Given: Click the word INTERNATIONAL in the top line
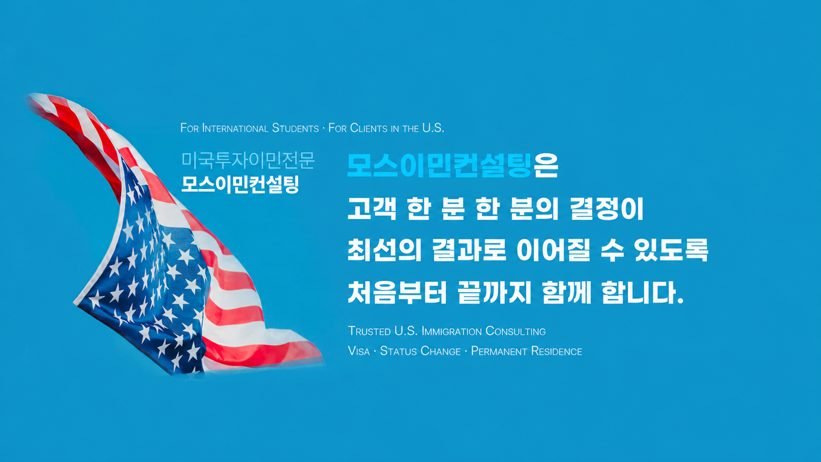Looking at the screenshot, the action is coord(235,128).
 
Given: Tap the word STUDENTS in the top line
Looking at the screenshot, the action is coord(295,128).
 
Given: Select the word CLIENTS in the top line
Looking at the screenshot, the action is coord(369,128).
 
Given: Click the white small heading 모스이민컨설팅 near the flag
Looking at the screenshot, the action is coord(240,184).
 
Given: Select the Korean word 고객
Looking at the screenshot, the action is coord(372,209).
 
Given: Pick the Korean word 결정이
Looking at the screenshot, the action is coord(607,209).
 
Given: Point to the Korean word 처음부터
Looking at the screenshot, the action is coord(397,292).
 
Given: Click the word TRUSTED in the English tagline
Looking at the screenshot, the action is coord(369,331).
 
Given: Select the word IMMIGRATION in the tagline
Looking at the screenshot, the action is coord(452,331).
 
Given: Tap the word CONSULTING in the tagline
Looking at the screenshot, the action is coord(515,331).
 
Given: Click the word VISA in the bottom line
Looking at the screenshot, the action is coord(359,351).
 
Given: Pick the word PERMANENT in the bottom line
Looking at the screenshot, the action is coord(499,351).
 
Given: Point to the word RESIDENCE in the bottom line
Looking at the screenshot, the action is coord(556,351).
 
